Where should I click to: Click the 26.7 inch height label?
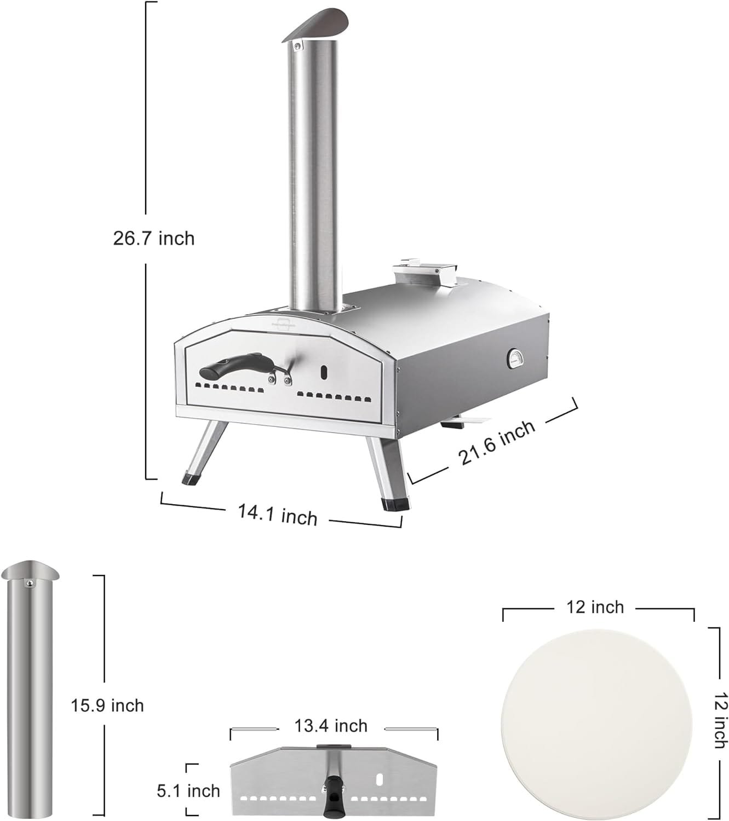[x=154, y=239]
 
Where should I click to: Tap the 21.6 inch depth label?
[x=497, y=442]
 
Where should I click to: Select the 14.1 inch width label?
[x=277, y=514]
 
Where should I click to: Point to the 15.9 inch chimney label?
[x=107, y=705]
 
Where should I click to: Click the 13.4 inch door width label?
[x=331, y=726]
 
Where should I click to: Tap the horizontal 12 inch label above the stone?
[x=595, y=607]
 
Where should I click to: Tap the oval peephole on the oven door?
[x=323, y=373]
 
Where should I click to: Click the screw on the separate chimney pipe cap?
[x=31, y=583]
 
